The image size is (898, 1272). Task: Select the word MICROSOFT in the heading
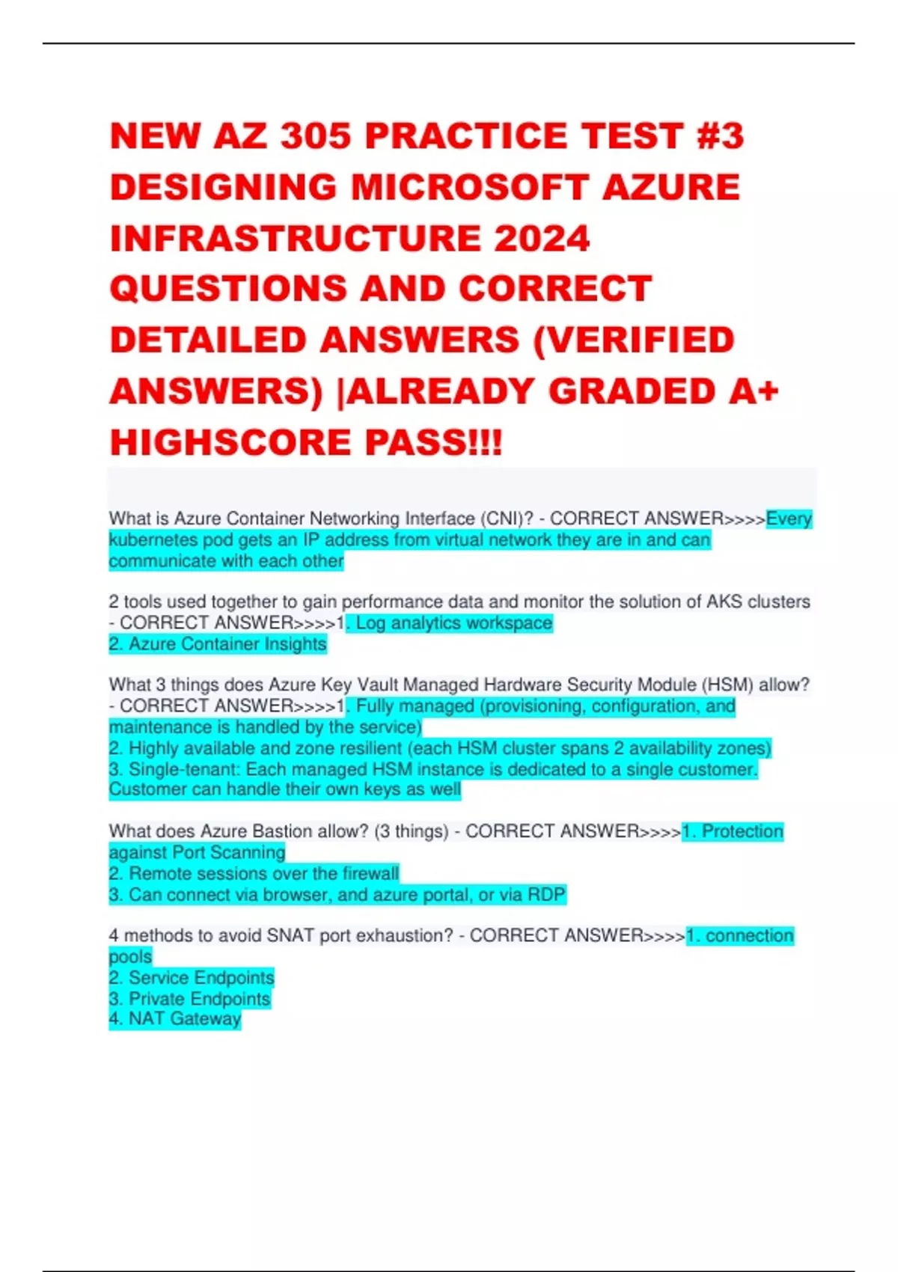tap(470, 187)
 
